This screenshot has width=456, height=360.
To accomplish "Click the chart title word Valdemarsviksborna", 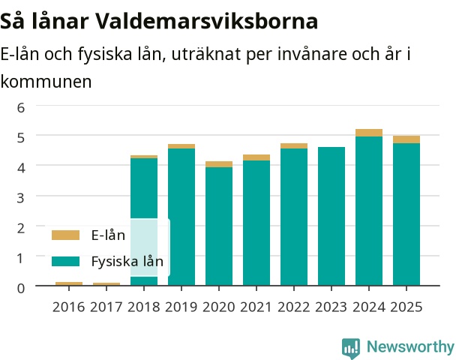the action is (x=207, y=21).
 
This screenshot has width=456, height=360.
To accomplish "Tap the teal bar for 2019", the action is (x=181, y=217).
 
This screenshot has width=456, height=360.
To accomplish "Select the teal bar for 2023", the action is (x=331, y=216).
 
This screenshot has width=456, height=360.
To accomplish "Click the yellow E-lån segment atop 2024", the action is (x=369, y=133).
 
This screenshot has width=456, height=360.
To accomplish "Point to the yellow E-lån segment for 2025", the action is (x=406, y=139).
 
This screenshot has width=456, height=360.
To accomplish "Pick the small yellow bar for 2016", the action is (x=69, y=283).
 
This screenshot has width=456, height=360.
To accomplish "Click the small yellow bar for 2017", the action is (x=106, y=284).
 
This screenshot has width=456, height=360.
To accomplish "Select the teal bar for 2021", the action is (x=256, y=223).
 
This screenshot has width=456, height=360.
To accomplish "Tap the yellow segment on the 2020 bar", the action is (x=219, y=164).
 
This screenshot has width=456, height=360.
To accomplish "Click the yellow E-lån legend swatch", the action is (x=65, y=235).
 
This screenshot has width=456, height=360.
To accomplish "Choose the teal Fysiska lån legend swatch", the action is (x=65, y=261).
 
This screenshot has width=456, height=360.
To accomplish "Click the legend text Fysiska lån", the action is (x=127, y=261).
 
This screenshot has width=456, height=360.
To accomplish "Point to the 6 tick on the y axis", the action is (x=21, y=108).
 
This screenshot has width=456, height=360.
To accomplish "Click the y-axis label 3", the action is (x=21, y=198).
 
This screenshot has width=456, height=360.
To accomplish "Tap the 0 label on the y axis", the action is (x=21, y=288).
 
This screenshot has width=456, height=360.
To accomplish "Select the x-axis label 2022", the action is (x=294, y=307).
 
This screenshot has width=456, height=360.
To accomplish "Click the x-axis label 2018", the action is (x=144, y=307).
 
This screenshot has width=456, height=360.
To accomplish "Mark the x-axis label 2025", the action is (x=406, y=307).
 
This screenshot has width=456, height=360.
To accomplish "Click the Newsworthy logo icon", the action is (x=351, y=348).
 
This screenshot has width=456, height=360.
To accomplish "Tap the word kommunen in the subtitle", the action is (x=46, y=82).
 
